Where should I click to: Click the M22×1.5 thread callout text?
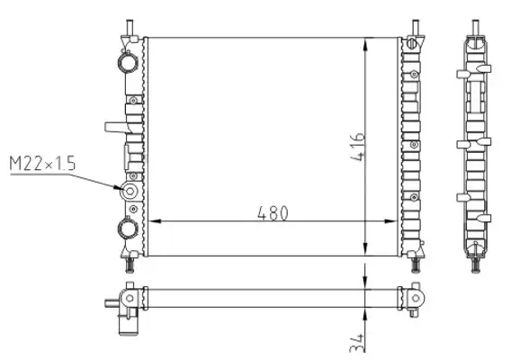tap(42, 164)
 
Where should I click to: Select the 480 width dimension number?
tap(273, 213)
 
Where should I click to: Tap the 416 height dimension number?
tap(357, 147)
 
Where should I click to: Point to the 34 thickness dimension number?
tap(356, 343)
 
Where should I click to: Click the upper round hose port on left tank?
tap(128, 62)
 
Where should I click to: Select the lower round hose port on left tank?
tap(128, 229)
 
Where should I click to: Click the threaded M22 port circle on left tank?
tap(130, 191)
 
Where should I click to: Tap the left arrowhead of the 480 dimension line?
tap(155, 221)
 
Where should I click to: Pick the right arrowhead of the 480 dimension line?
tap(390, 221)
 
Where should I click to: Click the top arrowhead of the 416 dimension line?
tap(365, 44)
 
